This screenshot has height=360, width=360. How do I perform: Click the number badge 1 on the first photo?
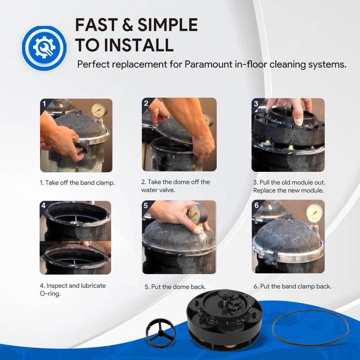[44, 103]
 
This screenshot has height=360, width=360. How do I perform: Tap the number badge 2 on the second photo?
[146, 103]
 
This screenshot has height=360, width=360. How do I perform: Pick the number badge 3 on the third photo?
[256, 103]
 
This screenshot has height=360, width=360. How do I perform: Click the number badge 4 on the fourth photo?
[44, 205]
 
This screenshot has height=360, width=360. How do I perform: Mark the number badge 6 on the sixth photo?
[256, 205]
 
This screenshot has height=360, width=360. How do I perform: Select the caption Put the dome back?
[175, 287]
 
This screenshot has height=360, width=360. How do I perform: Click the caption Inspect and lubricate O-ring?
[72, 290]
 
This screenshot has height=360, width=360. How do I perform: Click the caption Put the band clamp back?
[292, 286]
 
